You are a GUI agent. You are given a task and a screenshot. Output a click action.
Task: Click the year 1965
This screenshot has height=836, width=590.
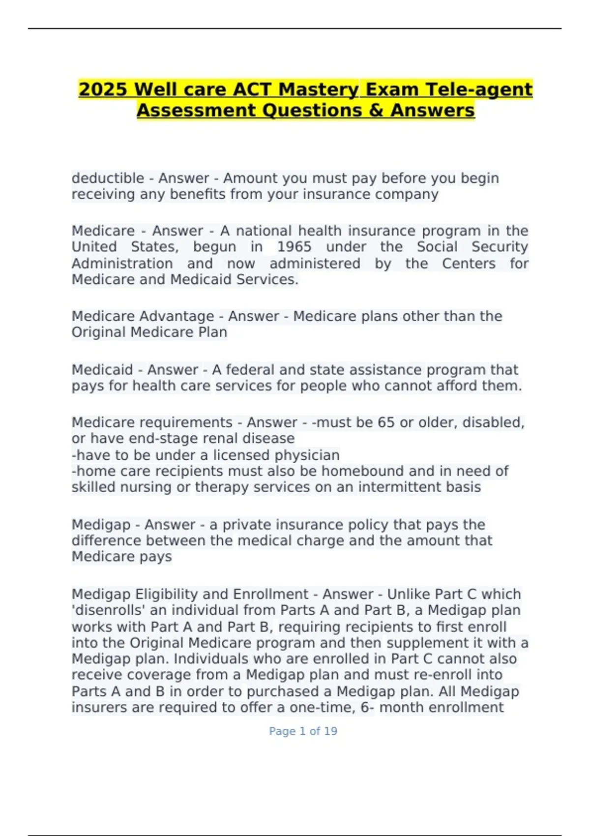point(294,247)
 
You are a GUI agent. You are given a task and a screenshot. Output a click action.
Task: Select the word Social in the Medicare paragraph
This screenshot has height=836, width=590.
point(437,247)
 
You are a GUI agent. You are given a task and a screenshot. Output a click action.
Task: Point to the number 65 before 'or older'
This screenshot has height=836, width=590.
point(386,422)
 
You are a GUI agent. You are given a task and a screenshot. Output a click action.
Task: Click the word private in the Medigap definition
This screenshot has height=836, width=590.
point(246,525)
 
